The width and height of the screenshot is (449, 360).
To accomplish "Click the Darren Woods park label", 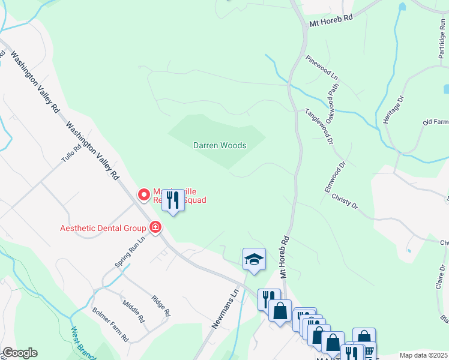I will click(x=220, y=145).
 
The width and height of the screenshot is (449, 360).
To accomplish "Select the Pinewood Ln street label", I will click(x=322, y=69).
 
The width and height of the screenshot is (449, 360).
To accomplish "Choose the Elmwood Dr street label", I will click(x=336, y=176).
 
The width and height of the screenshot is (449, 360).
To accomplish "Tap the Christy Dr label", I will click(x=344, y=202).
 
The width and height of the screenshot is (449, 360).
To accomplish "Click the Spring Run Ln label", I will click(x=130, y=253).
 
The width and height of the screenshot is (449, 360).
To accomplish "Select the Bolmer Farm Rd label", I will click(x=110, y=325).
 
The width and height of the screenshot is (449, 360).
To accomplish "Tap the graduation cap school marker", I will click(x=254, y=259).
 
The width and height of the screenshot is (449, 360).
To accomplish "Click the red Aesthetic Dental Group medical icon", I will click(x=155, y=227).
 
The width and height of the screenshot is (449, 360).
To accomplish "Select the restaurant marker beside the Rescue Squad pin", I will click(x=173, y=199).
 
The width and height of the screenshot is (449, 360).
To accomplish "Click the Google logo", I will click(x=19, y=353).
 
